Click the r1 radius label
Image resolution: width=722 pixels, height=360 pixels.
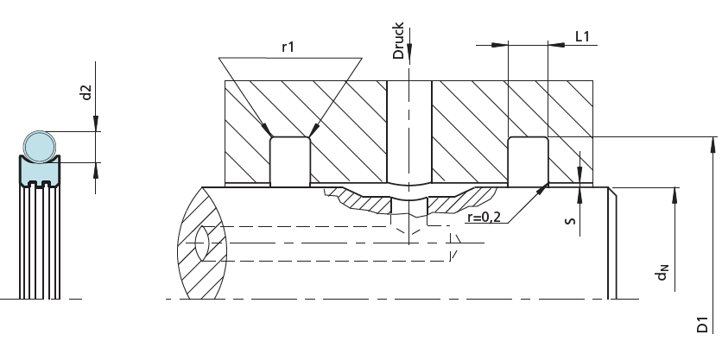click(x=288, y=47)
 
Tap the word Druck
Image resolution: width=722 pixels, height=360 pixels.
click(x=398, y=41)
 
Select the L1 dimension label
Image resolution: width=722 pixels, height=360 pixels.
click(x=582, y=36)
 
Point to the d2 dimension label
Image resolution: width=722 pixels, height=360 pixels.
click(x=86, y=92)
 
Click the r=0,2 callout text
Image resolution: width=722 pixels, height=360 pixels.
click(x=484, y=217)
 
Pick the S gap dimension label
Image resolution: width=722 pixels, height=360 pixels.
click(x=570, y=221)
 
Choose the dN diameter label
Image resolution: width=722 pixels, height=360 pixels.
click(x=662, y=273)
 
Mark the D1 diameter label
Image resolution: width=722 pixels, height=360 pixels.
click(x=702, y=324)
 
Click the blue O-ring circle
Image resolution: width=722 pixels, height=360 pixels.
click(x=40, y=147)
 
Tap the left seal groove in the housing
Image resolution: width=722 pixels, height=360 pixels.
click(x=289, y=161)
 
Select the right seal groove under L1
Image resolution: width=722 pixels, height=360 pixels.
click(x=529, y=161)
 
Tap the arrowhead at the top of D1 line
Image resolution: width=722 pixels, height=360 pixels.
click(x=713, y=144)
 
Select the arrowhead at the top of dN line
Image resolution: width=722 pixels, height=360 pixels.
click(x=674, y=195)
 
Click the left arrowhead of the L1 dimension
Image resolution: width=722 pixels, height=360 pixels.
click(x=499, y=45)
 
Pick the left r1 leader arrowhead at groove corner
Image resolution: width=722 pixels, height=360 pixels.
click(x=267, y=129)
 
